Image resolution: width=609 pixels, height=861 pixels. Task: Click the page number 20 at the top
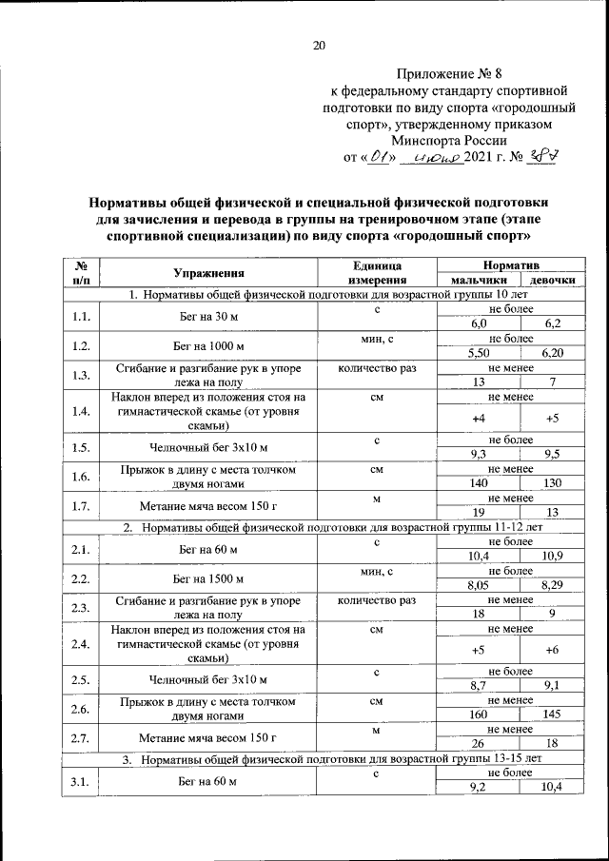coord(319,45)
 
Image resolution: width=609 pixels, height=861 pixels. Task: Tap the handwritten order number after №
coord(541,157)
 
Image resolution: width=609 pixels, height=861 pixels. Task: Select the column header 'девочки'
coord(551,282)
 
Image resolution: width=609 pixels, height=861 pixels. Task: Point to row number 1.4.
coord(81,411)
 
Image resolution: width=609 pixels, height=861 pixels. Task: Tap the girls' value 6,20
coord(551,353)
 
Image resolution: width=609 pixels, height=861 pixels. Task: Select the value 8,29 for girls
coord(551,585)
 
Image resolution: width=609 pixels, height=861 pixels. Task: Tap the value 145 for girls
coord(551,714)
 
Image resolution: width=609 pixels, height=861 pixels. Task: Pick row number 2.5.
coord(81,679)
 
